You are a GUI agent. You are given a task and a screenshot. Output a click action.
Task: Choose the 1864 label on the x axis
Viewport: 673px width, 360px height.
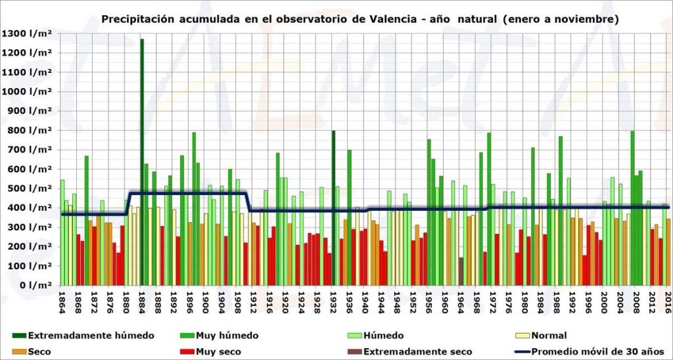click(x=62, y=298)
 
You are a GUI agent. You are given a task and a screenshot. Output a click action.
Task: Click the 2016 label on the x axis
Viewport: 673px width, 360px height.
click(x=668, y=298)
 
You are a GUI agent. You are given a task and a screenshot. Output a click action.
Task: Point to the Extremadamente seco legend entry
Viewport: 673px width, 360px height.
click(x=417, y=351)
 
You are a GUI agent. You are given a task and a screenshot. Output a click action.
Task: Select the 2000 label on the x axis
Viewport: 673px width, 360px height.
click(x=604, y=298)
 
